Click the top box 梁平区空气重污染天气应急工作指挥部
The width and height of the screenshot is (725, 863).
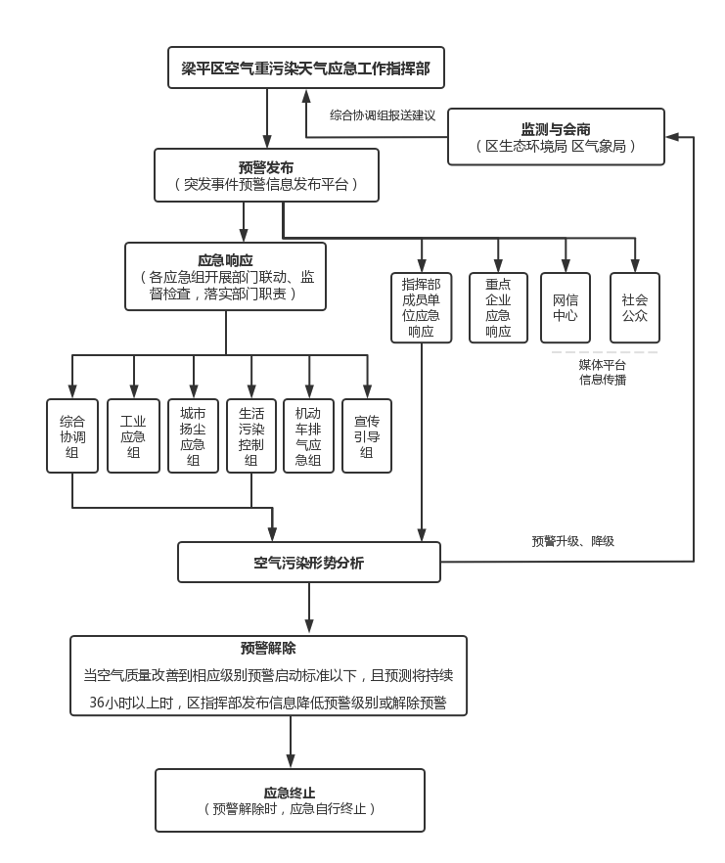[x=305, y=68]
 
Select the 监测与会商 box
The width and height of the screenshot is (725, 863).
[x=556, y=137]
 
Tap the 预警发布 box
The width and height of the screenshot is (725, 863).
[x=266, y=175]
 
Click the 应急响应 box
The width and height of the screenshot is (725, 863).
[x=225, y=277]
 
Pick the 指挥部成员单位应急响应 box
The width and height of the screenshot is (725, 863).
[x=422, y=307]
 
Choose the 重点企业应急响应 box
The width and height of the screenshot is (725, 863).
[x=498, y=307]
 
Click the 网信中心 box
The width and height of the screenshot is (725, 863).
[x=566, y=307]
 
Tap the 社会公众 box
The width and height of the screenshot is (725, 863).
[x=635, y=307]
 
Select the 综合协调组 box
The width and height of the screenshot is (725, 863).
[x=72, y=435]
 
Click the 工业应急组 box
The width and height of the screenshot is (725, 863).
[x=133, y=435]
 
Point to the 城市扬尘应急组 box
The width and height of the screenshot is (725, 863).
[x=193, y=435]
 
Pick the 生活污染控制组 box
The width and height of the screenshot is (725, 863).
[x=251, y=435]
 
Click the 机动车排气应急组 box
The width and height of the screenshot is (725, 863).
[x=308, y=435]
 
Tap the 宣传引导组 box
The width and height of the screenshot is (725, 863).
[x=367, y=435]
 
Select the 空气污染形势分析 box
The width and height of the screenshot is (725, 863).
[x=308, y=563]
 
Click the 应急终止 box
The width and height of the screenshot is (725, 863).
[x=290, y=800]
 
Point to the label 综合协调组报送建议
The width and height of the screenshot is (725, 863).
[x=383, y=114]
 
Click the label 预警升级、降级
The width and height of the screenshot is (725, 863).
[x=572, y=540]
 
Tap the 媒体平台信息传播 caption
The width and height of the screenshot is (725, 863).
[x=603, y=372]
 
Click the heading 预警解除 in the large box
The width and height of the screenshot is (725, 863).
[x=268, y=648]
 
